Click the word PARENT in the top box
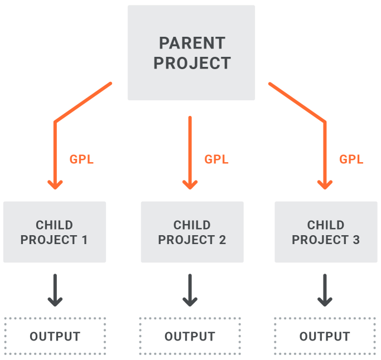192,43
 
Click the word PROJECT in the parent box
192,63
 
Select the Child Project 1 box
55,232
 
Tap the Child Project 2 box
192,232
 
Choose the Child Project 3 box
326,232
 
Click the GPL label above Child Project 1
81,159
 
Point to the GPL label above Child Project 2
216,159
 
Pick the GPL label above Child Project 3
351,159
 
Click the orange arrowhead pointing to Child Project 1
55,185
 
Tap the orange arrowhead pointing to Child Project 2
190,185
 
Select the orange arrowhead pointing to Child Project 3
325,185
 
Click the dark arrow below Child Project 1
55,290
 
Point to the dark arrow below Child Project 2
190,290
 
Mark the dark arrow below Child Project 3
325,290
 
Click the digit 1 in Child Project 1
85,240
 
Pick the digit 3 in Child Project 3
356,240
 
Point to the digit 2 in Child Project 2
223,240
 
